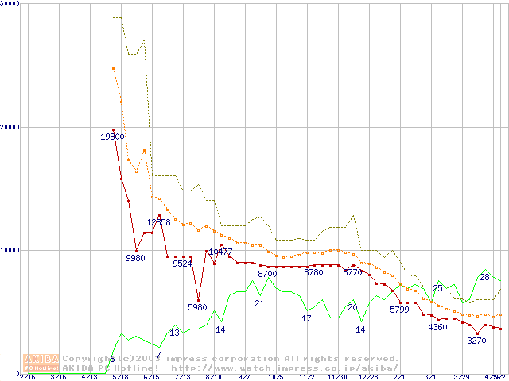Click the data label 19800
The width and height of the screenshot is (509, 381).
click(x=112, y=137)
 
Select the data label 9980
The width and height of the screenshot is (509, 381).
click(x=136, y=258)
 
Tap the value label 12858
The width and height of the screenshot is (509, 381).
click(x=158, y=222)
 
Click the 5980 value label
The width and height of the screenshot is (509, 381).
click(x=197, y=307)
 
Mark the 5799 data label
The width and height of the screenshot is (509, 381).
click(x=404, y=310)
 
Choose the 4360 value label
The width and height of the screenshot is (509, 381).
click(x=437, y=327)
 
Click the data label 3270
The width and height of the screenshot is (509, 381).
click(x=476, y=341)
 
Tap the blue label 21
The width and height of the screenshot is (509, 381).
click(x=259, y=303)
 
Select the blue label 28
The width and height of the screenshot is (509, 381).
click(x=484, y=277)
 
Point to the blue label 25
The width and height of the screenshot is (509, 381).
click(x=437, y=288)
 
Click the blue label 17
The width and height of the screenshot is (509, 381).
click(x=306, y=318)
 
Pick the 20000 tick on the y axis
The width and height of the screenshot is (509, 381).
click(x=10, y=126)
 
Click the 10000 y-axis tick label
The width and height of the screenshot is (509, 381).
click(x=10, y=249)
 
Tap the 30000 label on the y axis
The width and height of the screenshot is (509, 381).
click(x=10, y=4)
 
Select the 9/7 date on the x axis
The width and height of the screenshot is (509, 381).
click(x=245, y=377)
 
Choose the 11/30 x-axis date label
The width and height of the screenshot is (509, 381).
click(x=337, y=377)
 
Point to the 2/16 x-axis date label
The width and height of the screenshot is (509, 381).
click(x=27, y=377)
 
